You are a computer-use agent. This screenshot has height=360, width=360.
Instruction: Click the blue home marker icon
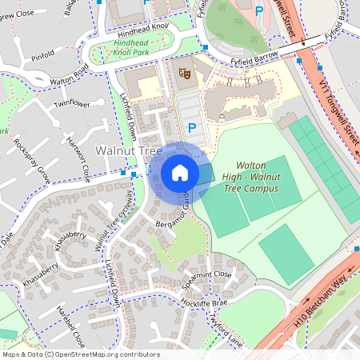pos(180,173)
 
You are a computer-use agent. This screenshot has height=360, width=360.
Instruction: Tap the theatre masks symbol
pos(184,74)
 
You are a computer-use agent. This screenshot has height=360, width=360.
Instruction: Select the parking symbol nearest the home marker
pos(191,128)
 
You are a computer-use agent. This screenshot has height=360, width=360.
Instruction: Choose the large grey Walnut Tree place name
pos(128,150)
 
